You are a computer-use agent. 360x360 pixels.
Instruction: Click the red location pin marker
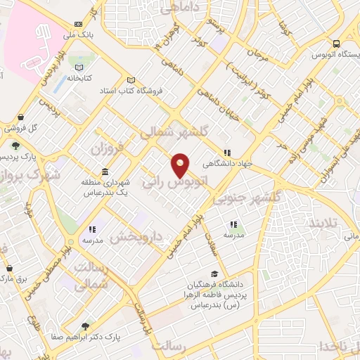click(x=181, y=165)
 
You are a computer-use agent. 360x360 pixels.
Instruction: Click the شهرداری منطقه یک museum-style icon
click(x=105, y=172)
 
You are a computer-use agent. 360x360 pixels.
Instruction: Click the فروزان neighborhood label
click(x=108, y=150)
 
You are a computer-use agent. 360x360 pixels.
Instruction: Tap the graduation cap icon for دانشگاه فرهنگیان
click(x=214, y=274)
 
